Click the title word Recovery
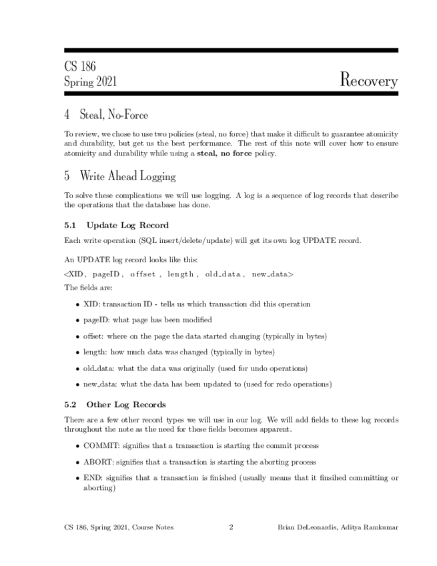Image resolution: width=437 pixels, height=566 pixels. click(x=368, y=80)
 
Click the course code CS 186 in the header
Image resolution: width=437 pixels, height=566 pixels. click(x=80, y=67)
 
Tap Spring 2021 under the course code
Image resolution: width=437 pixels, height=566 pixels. click(x=91, y=82)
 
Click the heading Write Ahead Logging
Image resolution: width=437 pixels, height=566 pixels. click(x=127, y=176)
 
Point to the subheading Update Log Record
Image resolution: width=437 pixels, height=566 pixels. click(x=127, y=225)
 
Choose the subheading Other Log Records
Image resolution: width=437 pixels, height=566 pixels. click(x=126, y=404)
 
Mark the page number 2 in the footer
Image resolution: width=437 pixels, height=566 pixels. click(x=231, y=527)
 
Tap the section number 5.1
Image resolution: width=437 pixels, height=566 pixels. click(x=71, y=225)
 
